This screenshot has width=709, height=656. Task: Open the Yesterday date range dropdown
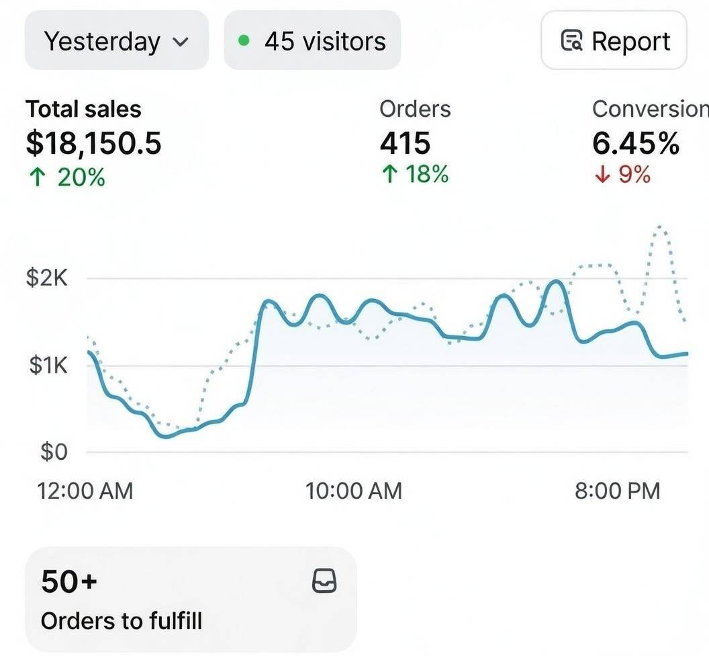(116, 41)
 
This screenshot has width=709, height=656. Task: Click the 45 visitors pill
(312, 41)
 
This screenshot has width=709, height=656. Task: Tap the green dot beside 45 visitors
(244, 41)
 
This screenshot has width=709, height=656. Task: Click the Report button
(614, 41)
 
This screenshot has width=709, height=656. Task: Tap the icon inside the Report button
(571, 42)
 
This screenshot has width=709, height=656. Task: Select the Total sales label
(83, 109)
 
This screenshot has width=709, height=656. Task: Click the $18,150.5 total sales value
(93, 143)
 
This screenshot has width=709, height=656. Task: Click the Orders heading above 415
(415, 109)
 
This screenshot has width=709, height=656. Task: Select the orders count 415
(405, 143)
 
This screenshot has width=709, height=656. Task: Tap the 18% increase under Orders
(414, 175)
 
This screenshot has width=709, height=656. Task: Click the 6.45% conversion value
(635, 143)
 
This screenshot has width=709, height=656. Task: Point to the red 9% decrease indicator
(622, 175)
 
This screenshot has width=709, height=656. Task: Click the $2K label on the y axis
(47, 278)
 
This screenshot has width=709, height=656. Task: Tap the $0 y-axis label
(54, 452)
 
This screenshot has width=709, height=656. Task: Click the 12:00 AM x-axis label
(85, 491)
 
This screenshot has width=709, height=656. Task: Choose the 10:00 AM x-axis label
(354, 491)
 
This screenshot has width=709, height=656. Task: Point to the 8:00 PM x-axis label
(617, 491)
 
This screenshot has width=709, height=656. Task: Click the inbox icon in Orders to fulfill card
(324, 581)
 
